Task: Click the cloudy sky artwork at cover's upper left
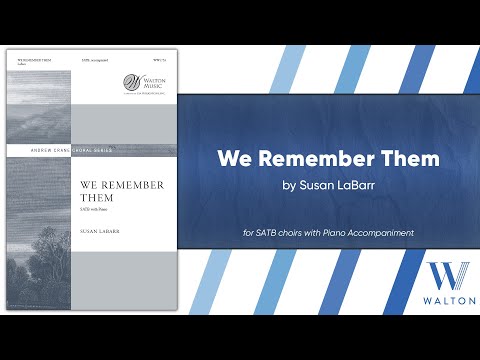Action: tap(39, 100)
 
